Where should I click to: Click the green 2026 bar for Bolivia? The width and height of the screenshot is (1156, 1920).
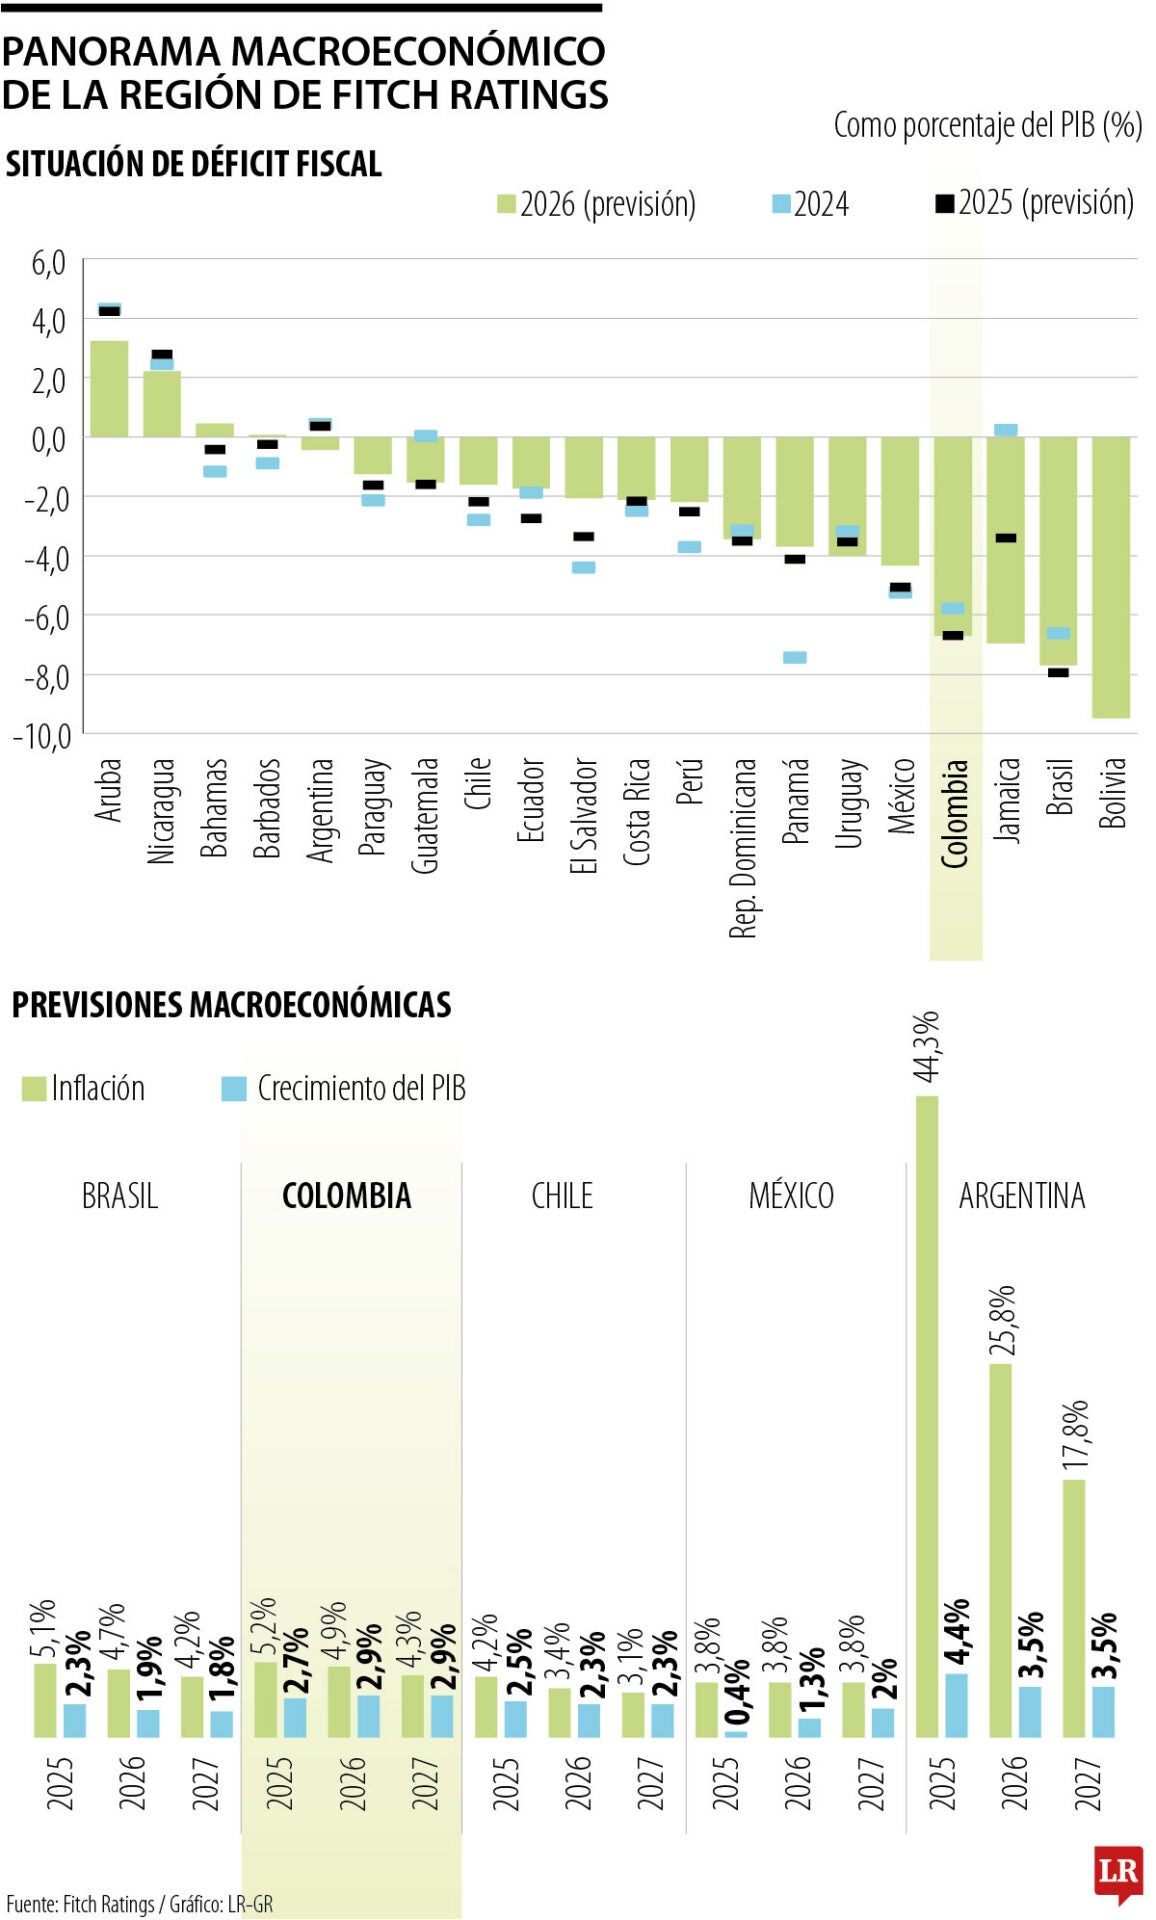tap(1111, 577)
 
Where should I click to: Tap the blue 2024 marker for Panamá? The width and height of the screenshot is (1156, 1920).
tap(795, 657)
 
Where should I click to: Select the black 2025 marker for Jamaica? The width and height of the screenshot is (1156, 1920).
tap(1006, 538)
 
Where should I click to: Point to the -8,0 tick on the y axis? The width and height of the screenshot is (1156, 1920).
tap(41, 677)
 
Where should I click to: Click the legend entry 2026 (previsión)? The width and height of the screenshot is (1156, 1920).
tap(597, 204)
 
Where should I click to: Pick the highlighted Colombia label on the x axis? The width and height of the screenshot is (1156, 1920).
tap(955, 812)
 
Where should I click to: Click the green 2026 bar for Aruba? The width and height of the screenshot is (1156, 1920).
tap(109, 389)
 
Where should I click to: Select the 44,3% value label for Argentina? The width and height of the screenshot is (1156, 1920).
tap(927, 1046)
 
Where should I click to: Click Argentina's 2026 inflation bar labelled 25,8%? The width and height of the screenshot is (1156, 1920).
tap(1000, 1550)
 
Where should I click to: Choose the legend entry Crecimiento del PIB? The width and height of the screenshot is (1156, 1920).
tap(344, 1088)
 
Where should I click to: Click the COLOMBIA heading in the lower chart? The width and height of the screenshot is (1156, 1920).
tap(346, 1195)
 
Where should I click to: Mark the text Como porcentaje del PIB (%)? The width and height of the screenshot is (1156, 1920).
tap(987, 125)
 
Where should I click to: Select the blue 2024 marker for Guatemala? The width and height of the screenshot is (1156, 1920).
tap(425, 436)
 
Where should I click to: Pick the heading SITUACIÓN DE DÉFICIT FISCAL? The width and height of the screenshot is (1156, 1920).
tap(194, 164)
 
